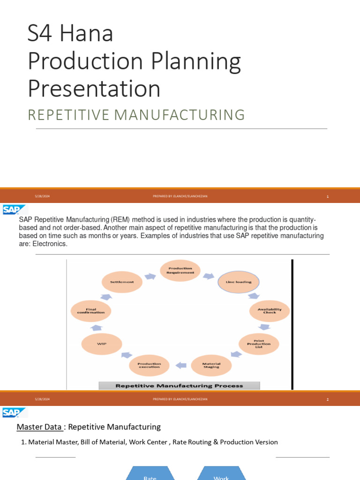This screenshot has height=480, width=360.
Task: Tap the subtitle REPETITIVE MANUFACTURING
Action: [136, 114]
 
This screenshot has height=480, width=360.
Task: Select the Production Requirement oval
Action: [180, 270]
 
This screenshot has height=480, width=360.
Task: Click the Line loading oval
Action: [239, 282]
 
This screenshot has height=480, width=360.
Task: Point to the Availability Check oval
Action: [270, 311]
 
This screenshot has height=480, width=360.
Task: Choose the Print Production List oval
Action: [259, 344]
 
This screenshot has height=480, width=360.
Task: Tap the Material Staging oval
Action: [211, 365]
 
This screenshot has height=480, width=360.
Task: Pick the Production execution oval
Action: [149, 365]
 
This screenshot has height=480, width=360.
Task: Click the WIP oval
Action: [102, 344]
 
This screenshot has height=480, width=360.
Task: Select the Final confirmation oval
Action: [91, 311]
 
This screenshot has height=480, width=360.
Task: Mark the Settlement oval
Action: [122, 282]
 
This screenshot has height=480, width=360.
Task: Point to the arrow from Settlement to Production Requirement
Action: [150, 276]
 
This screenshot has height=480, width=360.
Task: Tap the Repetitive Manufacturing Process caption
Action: [179, 386]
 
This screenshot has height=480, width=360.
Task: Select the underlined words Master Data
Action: [39, 427]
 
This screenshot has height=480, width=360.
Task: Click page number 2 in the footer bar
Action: [328, 399]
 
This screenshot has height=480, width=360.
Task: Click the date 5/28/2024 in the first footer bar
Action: [42, 196]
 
